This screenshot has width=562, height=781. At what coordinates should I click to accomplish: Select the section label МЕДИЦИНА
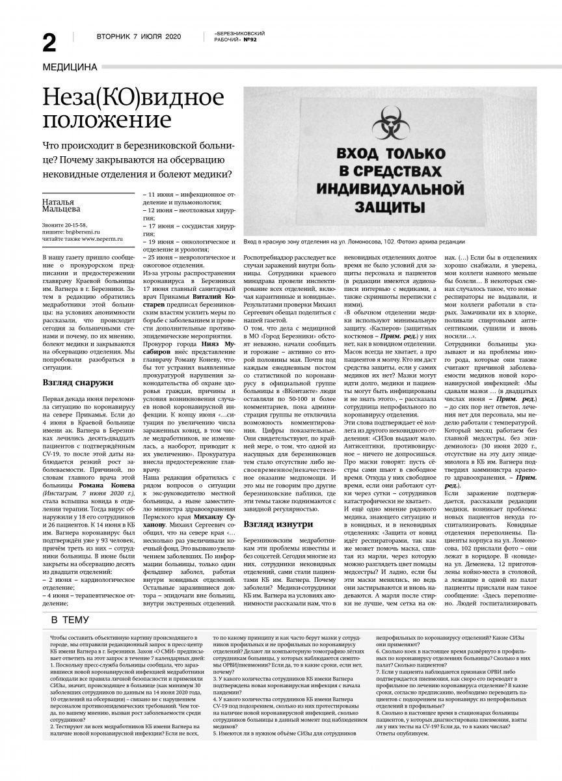[x=69, y=66]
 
